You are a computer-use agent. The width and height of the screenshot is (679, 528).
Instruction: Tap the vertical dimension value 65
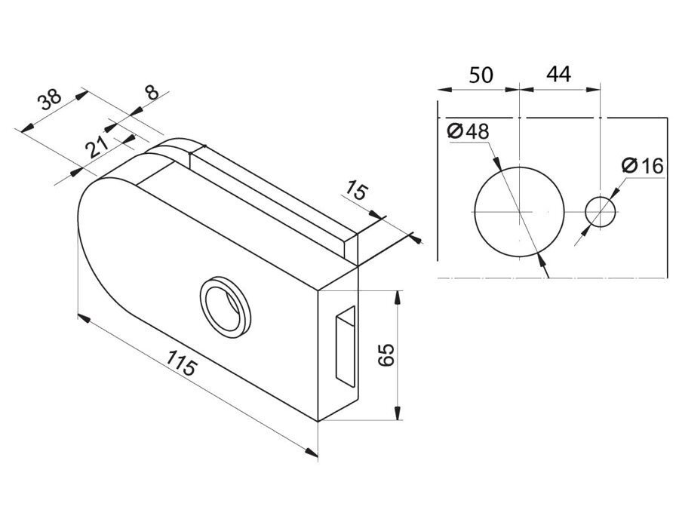coord(387,355)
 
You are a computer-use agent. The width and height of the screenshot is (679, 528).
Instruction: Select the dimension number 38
coord(49,101)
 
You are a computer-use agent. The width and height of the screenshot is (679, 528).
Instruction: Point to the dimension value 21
coord(97,147)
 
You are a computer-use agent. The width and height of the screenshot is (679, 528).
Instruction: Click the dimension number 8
coord(152,92)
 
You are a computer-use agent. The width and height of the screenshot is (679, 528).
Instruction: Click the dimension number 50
coord(481,75)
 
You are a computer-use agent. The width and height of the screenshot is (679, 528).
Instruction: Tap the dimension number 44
coord(558,75)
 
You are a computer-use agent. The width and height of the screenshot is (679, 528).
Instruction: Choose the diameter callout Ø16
coord(642,165)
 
